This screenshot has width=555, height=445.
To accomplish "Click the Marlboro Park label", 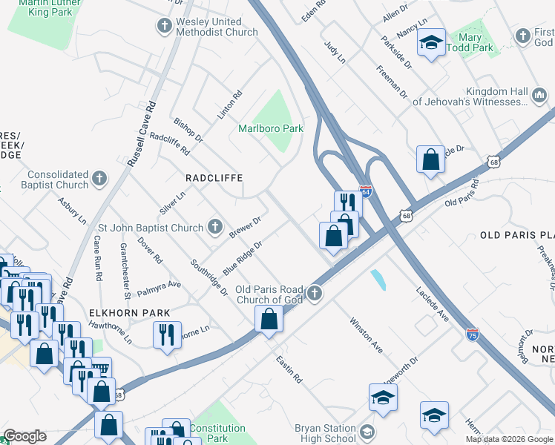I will tap(271, 128).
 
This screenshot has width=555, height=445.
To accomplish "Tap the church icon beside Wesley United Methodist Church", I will tap(164, 27).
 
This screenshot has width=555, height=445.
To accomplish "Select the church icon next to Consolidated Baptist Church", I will tap(99, 179).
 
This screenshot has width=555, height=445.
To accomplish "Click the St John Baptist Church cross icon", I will tap(215, 228).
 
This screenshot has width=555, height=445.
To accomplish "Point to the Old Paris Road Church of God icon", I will tap(315, 294).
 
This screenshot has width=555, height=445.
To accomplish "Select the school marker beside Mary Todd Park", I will tap(430, 44).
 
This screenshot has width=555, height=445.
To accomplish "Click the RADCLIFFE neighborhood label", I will tap(214, 178).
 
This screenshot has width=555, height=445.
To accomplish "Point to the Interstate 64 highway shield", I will tap(365, 191).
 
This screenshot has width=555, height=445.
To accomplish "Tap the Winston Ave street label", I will tap(366, 335).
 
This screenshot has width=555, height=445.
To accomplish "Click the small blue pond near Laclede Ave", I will tap(378, 280).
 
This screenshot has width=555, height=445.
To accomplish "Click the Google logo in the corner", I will tap(24, 436).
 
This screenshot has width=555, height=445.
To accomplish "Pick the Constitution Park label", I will tap(217, 433).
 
